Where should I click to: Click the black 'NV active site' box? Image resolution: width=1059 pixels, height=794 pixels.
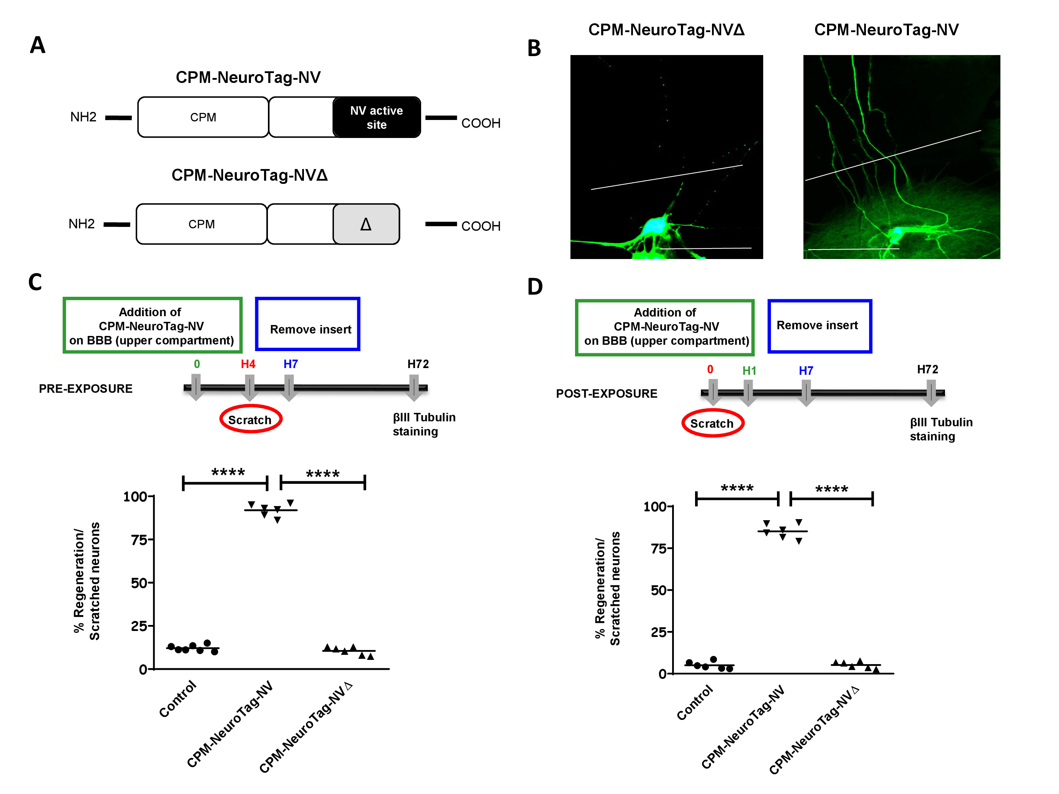point(376,117)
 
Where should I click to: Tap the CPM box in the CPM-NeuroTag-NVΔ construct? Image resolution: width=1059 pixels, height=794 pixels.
point(201,224)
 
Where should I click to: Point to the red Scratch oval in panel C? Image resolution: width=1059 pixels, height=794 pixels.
point(250,419)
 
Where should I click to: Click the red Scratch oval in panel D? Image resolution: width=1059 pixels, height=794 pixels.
point(712,423)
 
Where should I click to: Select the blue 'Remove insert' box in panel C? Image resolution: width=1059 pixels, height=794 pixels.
point(308,325)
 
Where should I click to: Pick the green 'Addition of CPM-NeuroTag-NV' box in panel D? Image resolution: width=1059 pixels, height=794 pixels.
point(664,327)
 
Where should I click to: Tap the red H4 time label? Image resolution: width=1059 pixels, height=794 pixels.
point(248,364)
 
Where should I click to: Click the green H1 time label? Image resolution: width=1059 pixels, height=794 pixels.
point(749,371)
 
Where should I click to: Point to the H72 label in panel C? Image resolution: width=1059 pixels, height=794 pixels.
point(418,364)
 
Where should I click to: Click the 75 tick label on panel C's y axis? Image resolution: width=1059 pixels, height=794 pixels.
point(139,540)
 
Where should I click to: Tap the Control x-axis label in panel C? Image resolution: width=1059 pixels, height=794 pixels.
point(178,699)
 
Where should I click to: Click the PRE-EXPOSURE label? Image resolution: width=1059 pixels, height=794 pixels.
point(86,389)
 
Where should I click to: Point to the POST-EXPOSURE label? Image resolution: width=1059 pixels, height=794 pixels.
point(606,393)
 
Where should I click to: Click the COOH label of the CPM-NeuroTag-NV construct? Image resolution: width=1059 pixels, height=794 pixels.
point(481,123)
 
